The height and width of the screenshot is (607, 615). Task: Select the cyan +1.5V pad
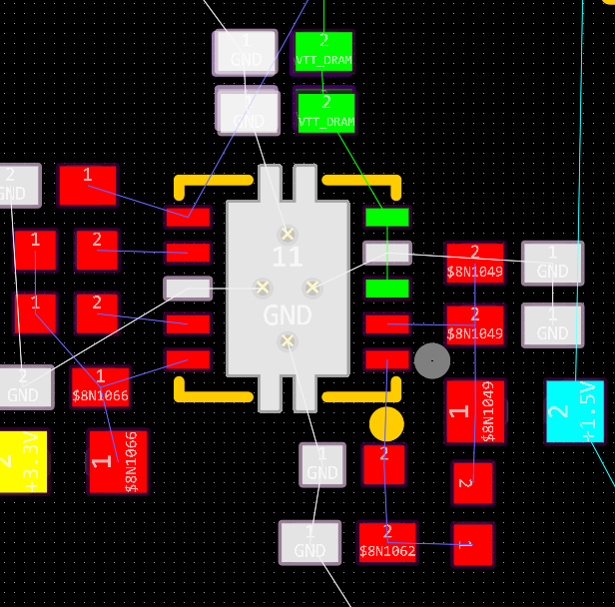pyautogui.click(x=574, y=410)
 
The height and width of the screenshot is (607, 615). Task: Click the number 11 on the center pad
pyautogui.click(x=288, y=257)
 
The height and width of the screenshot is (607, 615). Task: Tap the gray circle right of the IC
pyautogui.click(x=431, y=360)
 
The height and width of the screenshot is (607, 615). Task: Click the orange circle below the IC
pyautogui.click(x=386, y=423)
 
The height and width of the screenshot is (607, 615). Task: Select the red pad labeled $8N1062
pyautogui.click(x=386, y=542)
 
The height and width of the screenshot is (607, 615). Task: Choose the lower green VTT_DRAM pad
pyautogui.click(x=325, y=112)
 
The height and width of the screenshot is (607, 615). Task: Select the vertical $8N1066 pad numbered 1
pyautogui.click(x=118, y=460)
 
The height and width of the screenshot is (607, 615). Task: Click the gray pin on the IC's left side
pyautogui.click(x=188, y=289)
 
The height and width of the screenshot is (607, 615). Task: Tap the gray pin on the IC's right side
pyautogui.click(x=386, y=253)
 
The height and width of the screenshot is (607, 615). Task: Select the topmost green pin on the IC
pyautogui.click(x=386, y=217)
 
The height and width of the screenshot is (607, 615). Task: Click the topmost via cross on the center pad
pyautogui.click(x=288, y=234)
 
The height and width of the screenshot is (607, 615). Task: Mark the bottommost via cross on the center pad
pyautogui.click(x=288, y=341)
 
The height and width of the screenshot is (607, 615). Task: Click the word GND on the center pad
pyautogui.click(x=288, y=315)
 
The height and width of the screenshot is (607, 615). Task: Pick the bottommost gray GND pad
pyautogui.click(x=309, y=541)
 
